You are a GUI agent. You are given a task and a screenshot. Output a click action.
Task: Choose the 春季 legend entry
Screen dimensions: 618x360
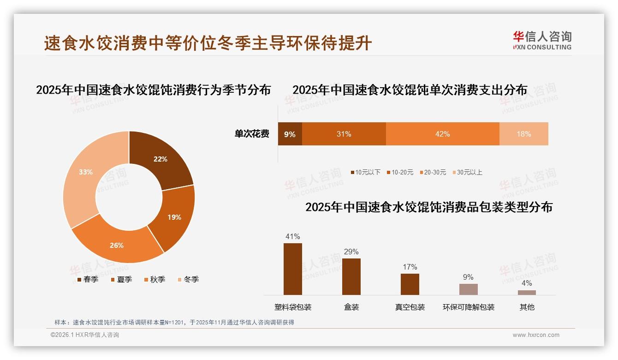(x=88, y=279)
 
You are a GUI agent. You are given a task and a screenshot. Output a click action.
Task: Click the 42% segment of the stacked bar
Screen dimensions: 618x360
(x=442, y=134)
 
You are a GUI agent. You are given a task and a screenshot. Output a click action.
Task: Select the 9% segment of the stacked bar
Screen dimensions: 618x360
(x=290, y=134)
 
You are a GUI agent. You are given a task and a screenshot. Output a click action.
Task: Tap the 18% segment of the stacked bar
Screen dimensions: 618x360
(x=523, y=134)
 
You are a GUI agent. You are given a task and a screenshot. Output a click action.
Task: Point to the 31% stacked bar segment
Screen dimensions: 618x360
(x=344, y=134)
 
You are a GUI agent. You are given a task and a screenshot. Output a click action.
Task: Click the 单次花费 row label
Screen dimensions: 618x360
(x=252, y=134)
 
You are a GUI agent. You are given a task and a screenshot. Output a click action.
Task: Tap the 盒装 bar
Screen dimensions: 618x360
(x=351, y=276)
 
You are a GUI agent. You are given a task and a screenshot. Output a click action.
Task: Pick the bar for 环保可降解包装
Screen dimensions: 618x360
(x=468, y=289)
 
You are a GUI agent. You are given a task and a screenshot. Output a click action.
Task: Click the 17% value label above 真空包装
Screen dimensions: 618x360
(x=410, y=267)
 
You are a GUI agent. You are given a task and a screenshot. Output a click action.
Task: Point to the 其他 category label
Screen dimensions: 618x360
(x=527, y=307)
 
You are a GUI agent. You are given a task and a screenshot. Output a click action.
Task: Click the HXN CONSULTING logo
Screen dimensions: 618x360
(x=542, y=40)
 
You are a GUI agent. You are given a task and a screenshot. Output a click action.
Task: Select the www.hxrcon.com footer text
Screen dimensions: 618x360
(x=536, y=335)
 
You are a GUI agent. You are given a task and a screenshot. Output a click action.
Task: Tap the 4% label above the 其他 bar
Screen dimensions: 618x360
(x=527, y=283)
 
